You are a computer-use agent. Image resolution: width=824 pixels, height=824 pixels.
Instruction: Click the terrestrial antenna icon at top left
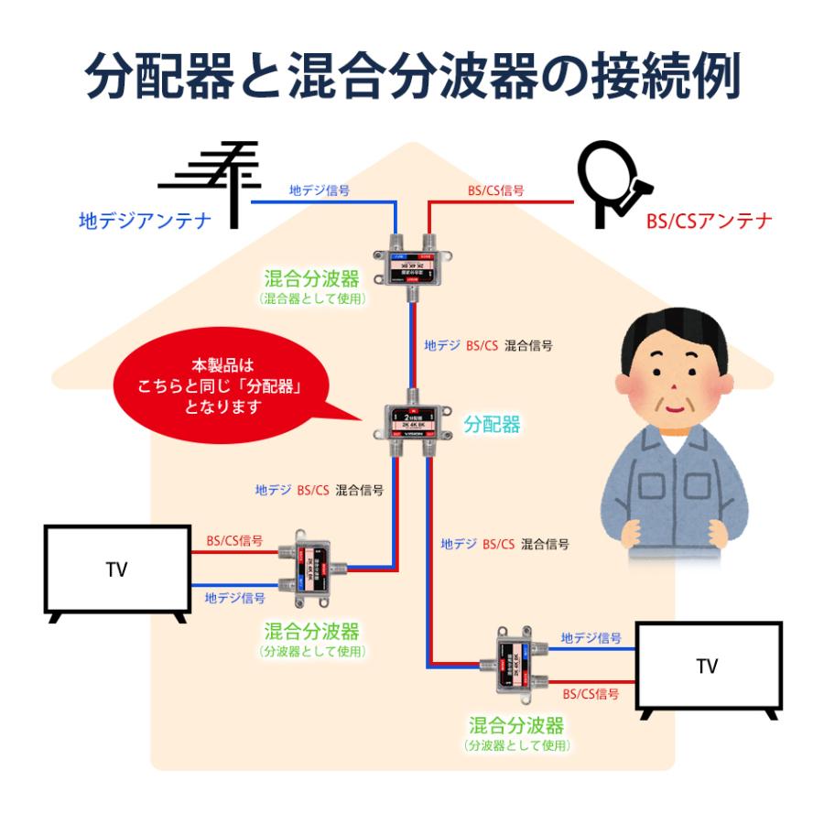tap(210, 179)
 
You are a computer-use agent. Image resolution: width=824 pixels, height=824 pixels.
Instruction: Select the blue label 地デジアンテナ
tap(145, 221)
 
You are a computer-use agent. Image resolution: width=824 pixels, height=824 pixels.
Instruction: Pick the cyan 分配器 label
tap(492, 424)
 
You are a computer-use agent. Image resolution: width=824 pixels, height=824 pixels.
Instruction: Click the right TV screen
tap(707, 667)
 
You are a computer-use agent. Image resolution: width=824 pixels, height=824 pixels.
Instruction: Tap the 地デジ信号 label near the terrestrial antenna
tap(319, 190)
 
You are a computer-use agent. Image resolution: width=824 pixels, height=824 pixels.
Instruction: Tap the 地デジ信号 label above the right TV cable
tap(591, 637)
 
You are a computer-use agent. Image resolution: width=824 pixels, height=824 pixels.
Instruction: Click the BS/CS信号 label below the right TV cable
tap(591, 694)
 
